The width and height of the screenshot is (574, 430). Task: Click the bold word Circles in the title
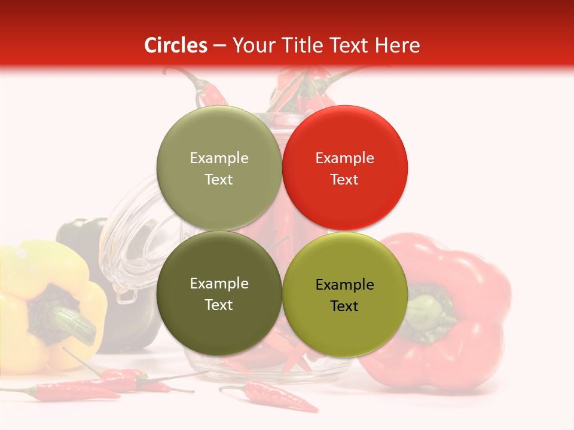176,45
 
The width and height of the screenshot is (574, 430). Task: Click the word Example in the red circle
345,158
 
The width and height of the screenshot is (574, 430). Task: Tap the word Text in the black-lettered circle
344,306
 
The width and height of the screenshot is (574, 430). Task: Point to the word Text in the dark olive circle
219,305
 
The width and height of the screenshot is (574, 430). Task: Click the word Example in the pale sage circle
219,158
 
